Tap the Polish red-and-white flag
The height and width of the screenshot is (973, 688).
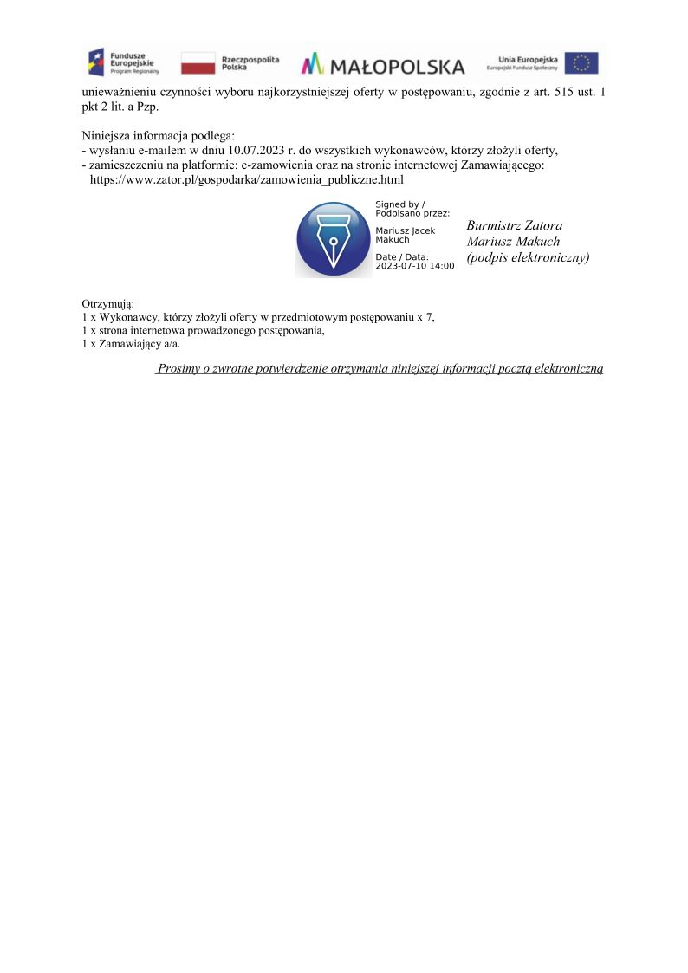click(198, 63)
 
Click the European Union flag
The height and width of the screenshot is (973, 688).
click(581, 63)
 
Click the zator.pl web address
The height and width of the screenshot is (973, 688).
click(247, 179)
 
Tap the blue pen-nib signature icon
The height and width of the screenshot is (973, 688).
click(334, 239)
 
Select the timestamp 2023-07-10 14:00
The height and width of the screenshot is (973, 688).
click(414, 266)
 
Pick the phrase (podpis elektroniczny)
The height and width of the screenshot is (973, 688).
click(528, 257)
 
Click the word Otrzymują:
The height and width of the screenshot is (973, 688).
click(107, 303)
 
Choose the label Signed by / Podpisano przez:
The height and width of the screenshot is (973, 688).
click(412, 208)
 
